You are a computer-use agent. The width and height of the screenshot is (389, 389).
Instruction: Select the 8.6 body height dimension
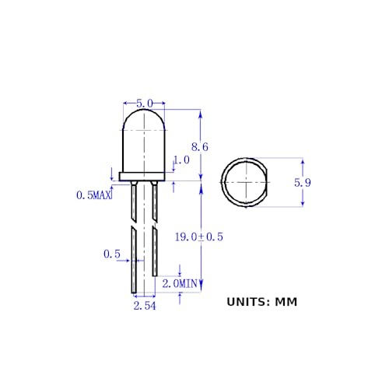click(200, 146)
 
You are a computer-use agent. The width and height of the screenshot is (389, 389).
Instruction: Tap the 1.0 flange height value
click(181, 160)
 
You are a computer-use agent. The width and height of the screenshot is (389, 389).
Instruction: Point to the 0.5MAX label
click(94, 195)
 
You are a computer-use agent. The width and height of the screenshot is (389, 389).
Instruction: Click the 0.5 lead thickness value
click(112, 254)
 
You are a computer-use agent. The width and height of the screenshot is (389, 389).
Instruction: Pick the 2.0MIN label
click(180, 284)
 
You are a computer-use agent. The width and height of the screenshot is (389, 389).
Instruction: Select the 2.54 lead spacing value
click(145, 307)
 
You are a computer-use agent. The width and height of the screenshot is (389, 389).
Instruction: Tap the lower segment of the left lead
click(135, 261)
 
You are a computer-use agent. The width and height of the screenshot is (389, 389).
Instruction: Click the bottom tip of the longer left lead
click(135, 293)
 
